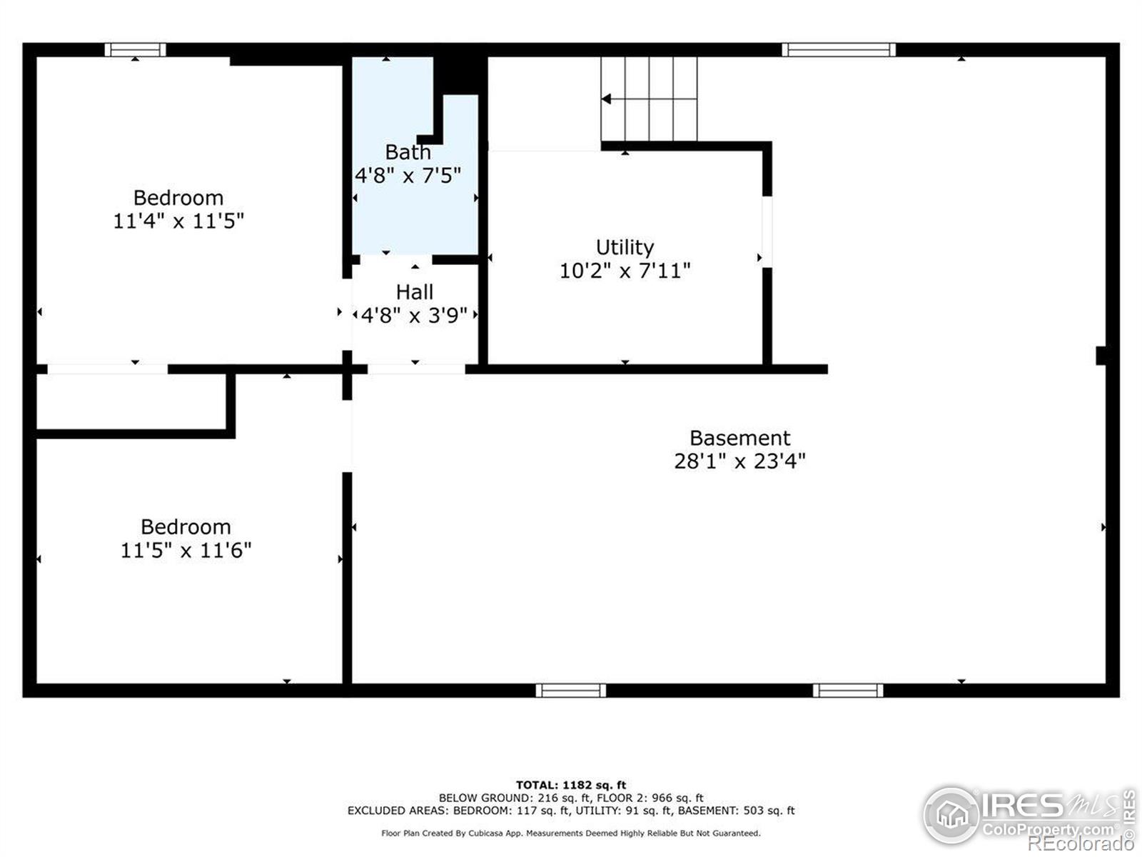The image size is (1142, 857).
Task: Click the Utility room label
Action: [625, 247]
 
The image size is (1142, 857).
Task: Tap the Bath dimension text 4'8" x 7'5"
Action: [408, 176]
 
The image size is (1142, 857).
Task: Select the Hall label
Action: [414, 292]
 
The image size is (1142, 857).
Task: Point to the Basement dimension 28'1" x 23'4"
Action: [739, 461]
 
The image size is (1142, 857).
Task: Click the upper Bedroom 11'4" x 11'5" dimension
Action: [178, 221]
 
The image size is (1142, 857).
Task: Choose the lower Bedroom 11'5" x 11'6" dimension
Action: [186, 550]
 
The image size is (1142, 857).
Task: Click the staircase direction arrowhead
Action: [606, 99]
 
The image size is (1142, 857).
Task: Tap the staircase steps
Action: [649, 99]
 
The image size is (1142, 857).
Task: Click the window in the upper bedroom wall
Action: [136, 50]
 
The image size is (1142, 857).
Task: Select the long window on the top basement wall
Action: [839, 50]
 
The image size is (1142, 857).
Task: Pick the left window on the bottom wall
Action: [571, 691]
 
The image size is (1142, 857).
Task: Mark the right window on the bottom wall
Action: [848, 691]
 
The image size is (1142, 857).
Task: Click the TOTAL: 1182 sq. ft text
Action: [571, 785]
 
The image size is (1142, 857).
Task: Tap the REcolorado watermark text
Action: [1081, 843]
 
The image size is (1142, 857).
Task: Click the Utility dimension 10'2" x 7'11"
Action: [625, 271]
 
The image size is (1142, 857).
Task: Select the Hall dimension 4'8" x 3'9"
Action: [414, 316]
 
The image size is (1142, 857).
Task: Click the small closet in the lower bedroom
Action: [131, 401]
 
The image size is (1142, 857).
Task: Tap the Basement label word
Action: [740, 438]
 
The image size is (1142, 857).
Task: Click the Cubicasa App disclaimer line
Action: [571, 833]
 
